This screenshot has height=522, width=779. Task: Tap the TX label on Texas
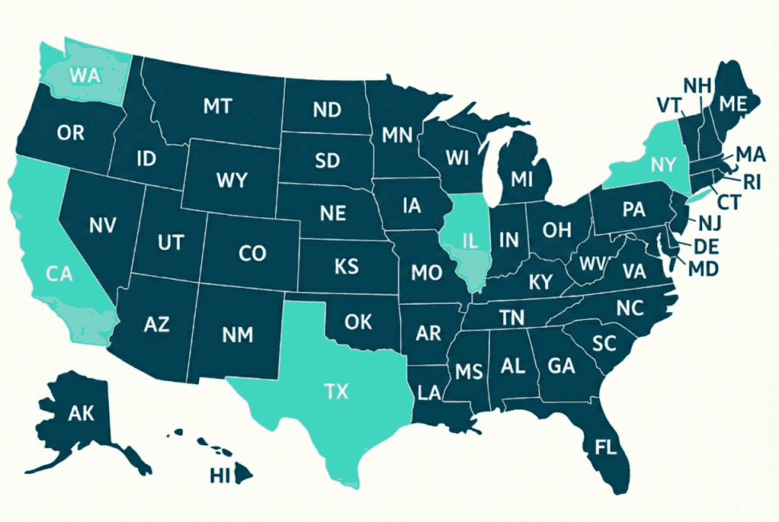click(336, 392)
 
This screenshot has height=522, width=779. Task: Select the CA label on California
click(59, 273)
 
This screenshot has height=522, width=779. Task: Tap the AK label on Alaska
click(81, 414)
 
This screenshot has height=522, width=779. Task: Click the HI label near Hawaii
click(220, 475)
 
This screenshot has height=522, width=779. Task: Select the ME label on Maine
click(732, 104)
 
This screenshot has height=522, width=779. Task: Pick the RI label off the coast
click(751, 181)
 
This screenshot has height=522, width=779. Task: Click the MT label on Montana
click(218, 106)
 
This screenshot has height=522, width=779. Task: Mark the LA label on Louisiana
click(429, 392)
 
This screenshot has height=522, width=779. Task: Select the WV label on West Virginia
click(592, 264)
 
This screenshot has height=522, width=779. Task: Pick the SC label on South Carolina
click(603, 343)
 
